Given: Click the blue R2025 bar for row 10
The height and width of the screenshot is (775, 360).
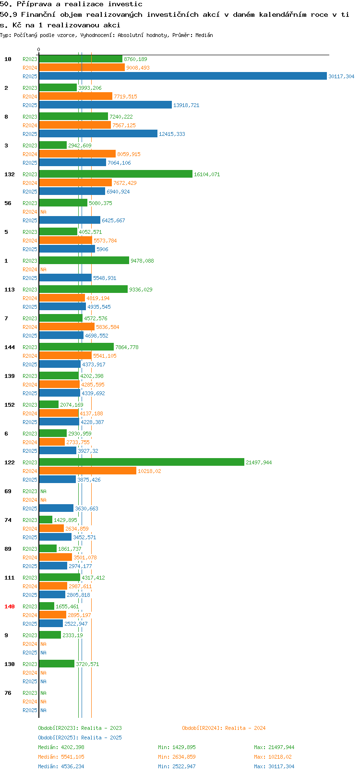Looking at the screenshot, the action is click(183, 76).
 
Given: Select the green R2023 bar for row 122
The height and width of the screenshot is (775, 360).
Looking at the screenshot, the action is click(142, 462).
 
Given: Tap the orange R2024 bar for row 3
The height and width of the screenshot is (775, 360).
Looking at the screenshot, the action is click(77, 154).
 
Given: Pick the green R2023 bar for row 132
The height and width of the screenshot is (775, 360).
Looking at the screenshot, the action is click(116, 174).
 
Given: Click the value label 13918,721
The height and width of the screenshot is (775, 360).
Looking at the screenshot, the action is click(186, 105).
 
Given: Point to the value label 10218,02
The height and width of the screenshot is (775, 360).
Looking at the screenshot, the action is click(149, 471).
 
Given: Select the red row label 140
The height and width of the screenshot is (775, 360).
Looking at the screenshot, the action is click(9, 606).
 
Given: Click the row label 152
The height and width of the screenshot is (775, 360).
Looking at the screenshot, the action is click(9, 405).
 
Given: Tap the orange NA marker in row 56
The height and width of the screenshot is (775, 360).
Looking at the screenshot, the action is click(43, 212).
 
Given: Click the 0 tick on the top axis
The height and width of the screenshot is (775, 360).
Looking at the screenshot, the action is click(38, 49).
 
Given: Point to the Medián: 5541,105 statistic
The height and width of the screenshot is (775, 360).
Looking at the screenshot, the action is click(61, 757).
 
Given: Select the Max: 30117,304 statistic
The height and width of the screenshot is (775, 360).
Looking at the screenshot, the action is click(274, 766).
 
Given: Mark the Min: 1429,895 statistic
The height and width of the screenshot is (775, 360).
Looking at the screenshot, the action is click(177, 747).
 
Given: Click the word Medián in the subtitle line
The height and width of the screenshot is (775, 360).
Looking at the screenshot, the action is click(204, 35).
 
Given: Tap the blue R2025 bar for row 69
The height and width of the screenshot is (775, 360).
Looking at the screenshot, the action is click(56, 508).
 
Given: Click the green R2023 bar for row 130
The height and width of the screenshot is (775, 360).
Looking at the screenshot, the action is click(57, 664).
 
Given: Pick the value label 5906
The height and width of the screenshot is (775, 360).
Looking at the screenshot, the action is click(102, 249).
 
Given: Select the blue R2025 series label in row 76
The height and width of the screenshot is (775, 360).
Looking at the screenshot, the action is click(30, 710).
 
